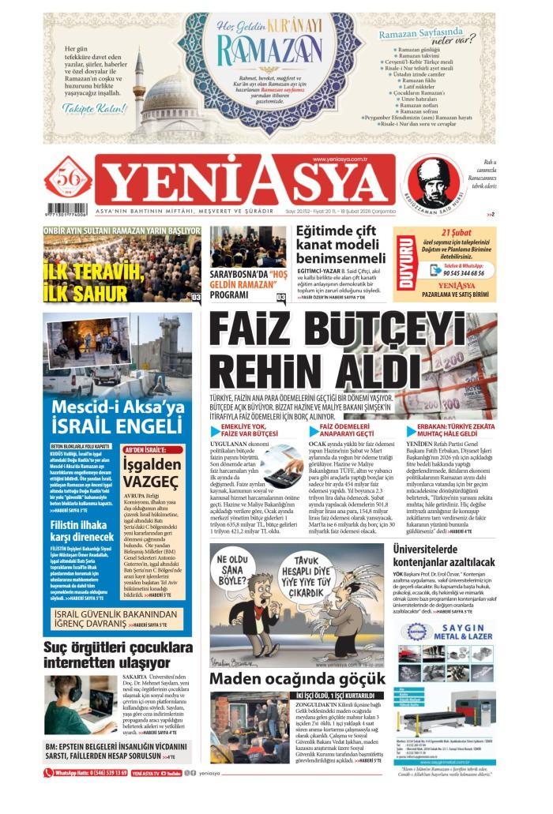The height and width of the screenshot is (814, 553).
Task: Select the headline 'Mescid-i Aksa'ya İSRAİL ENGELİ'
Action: tap(118, 418)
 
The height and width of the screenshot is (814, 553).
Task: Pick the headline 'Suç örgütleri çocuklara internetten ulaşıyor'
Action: tap(118, 655)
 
